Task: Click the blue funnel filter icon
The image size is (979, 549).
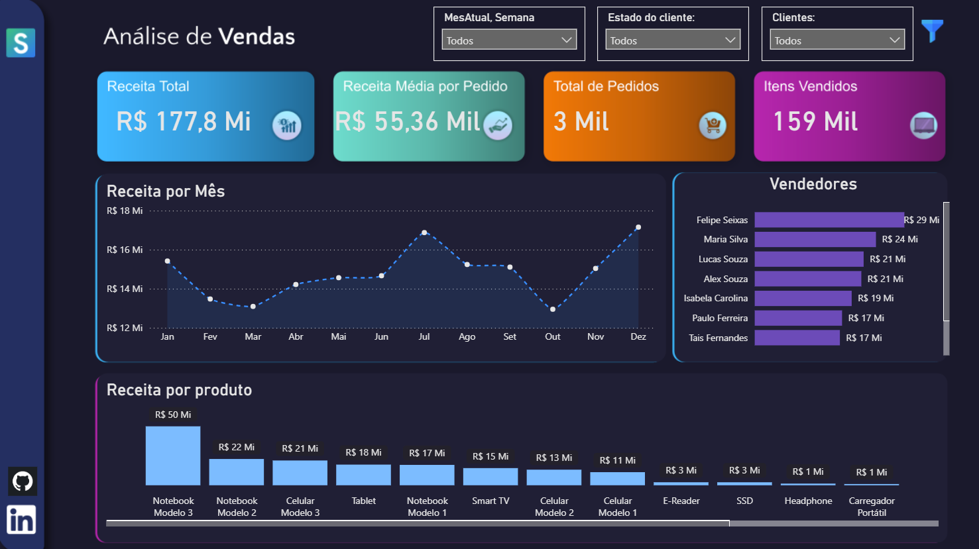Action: (932, 30)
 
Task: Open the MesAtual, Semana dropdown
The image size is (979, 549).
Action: (509, 40)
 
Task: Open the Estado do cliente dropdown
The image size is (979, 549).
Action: (673, 40)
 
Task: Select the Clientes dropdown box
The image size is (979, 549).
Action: (837, 40)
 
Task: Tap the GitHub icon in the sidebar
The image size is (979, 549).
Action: (23, 481)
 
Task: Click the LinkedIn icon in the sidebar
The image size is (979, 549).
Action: (21, 520)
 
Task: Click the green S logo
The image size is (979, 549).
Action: (21, 43)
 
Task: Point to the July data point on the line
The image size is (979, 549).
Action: (424, 232)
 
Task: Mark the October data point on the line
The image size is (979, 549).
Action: (553, 309)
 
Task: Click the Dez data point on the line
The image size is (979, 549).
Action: (638, 227)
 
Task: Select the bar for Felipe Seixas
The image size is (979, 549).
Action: (829, 220)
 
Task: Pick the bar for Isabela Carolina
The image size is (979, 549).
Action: (803, 299)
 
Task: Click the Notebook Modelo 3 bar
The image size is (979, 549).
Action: (173, 456)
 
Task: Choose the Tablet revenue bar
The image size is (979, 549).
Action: (363, 475)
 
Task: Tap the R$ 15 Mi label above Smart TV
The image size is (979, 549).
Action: (490, 456)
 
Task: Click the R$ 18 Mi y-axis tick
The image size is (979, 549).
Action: (125, 211)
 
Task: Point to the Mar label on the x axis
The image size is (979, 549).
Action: (253, 336)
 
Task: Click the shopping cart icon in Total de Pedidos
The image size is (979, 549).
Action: (713, 125)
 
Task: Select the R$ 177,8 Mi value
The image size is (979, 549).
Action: (184, 122)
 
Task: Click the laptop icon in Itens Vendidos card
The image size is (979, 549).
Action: (923, 125)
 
